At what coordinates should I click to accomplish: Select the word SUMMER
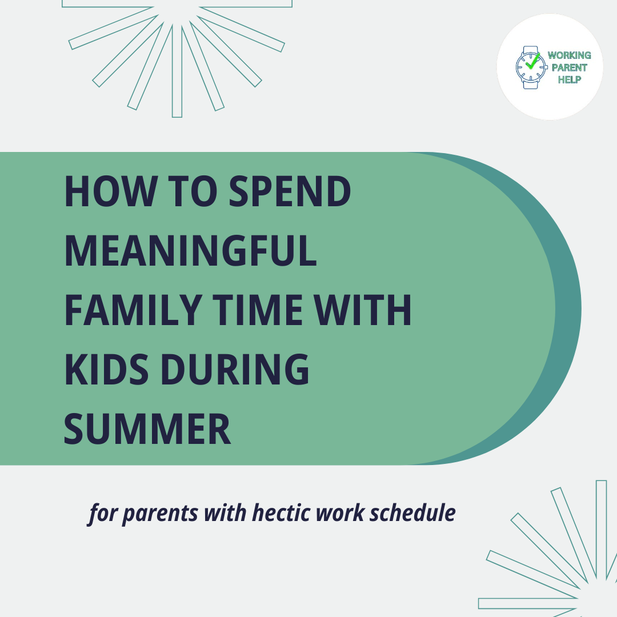[147, 429]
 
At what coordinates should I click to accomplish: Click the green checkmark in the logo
[532, 62]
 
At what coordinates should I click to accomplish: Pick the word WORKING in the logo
[569, 55]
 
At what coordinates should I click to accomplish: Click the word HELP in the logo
[569, 79]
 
